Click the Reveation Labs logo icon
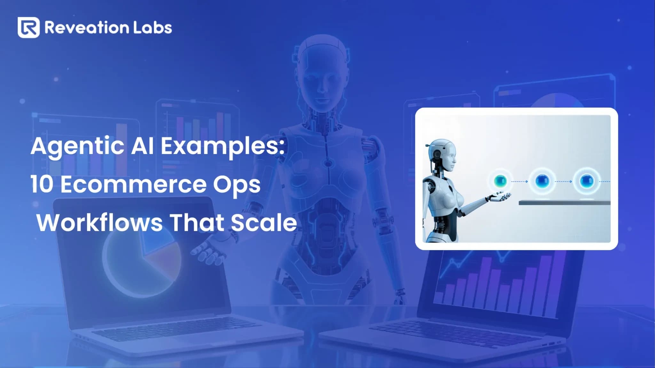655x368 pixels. click(x=28, y=27)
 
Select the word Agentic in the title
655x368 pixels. click(x=77, y=147)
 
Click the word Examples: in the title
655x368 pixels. click(x=222, y=147)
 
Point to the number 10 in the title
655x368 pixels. click(x=42, y=184)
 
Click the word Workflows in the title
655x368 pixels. click(x=99, y=222)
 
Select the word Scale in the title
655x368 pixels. click(x=264, y=222)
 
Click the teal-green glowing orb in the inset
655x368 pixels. click(x=500, y=181)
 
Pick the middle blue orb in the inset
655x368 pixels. click(x=542, y=181)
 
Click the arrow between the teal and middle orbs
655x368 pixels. click(x=520, y=181)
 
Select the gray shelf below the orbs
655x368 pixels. click(x=564, y=203)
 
